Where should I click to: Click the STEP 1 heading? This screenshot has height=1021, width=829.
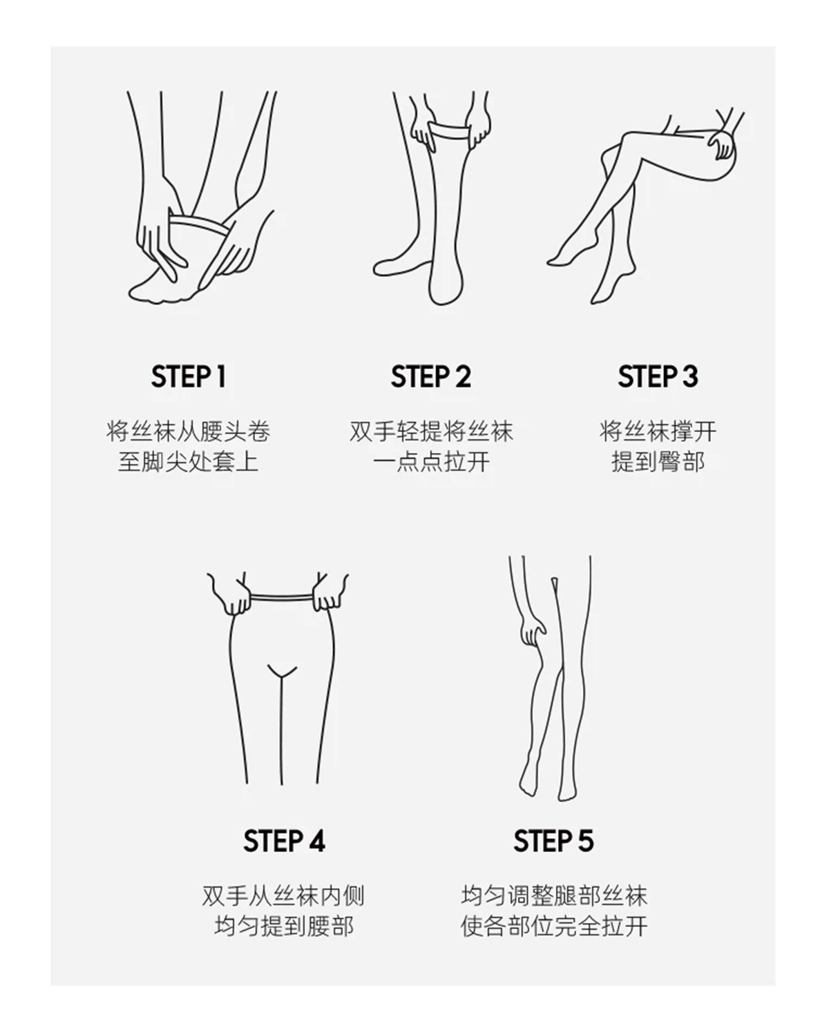tap(189, 376)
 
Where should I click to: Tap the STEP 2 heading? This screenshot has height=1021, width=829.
tap(431, 376)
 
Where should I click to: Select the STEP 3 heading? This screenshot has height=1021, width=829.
tap(658, 376)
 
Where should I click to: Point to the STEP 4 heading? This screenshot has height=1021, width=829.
tap(284, 841)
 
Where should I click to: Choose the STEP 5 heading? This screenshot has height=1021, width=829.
tap(553, 841)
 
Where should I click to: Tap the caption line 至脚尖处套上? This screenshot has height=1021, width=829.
tap(189, 462)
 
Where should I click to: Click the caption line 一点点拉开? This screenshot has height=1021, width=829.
tap(431, 462)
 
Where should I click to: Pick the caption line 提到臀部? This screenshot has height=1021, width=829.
tap(658, 462)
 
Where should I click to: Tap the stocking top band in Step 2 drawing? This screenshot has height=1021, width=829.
tap(448, 130)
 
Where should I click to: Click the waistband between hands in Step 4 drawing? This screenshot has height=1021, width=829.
tap(282, 597)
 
